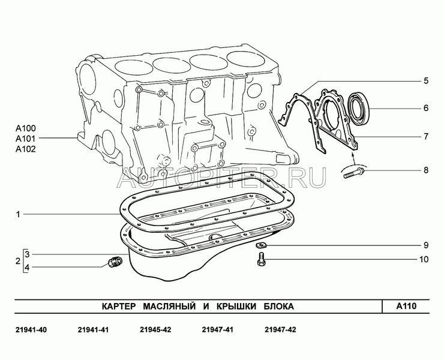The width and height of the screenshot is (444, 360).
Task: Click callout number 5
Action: pyautogui.click(x=426, y=81)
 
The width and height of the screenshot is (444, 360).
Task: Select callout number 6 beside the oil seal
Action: pyautogui.click(x=426, y=108)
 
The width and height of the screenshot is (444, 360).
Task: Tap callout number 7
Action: pyautogui.click(x=426, y=137)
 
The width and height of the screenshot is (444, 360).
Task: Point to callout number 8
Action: pyautogui.click(x=426, y=170)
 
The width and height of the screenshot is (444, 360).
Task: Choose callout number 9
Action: pyautogui.click(x=426, y=245)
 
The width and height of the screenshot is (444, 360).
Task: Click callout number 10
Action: pyautogui.click(x=424, y=259)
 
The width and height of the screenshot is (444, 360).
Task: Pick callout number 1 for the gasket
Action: pyautogui.click(x=18, y=214)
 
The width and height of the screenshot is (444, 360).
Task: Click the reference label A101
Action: pyautogui.click(x=25, y=139)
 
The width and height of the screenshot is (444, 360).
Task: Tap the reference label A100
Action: pyautogui.click(x=25, y=128)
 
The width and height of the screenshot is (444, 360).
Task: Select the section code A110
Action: pyautogui.click(x=406, y=306)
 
